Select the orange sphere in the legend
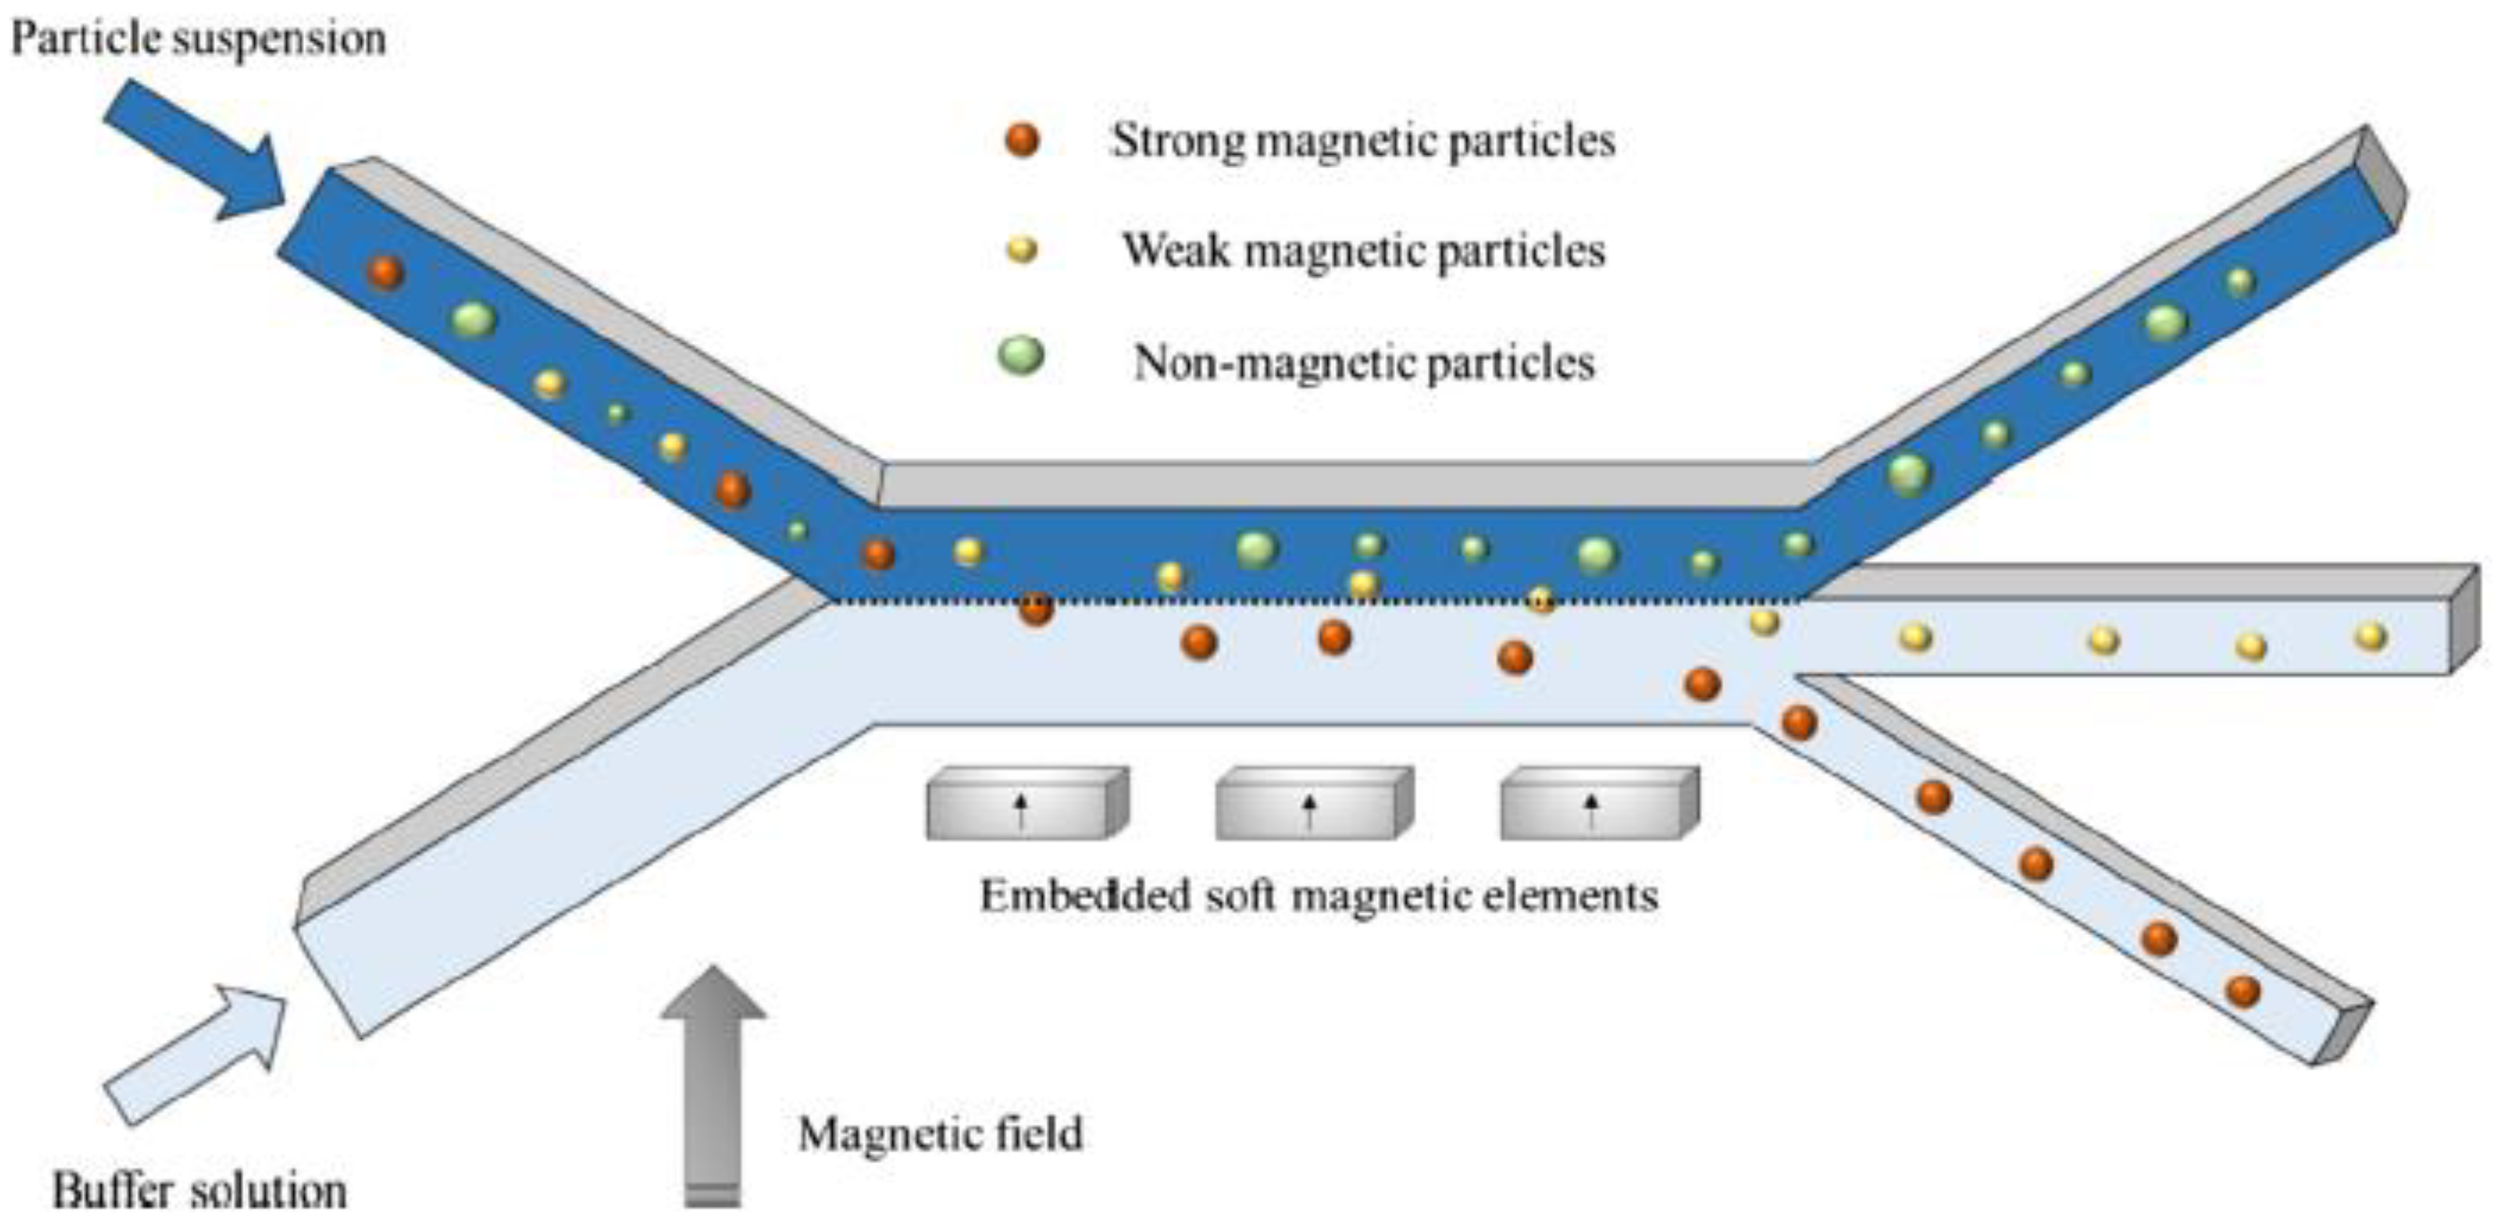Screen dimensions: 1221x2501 tap(1021, 140)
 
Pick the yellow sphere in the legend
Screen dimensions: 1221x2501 tap(1021, 251)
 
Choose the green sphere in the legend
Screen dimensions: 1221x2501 tap(1021, 356)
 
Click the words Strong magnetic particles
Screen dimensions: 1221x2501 tap(1363, 142)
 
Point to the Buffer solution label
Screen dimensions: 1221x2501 tap(199, 1191)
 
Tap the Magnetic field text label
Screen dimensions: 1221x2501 tap(940, 1134)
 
